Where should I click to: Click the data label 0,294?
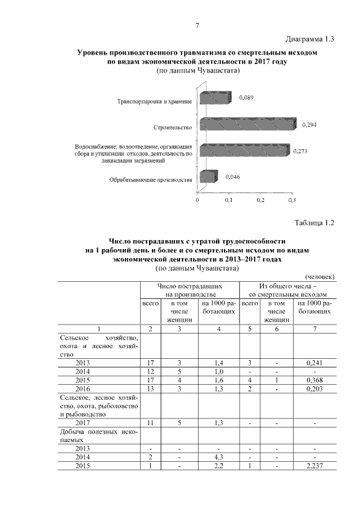[x=309, y=125]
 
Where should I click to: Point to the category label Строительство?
[x=173, y=127]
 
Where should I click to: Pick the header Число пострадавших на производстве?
[x=190, y=290]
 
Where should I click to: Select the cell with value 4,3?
[x=218, y=457]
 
